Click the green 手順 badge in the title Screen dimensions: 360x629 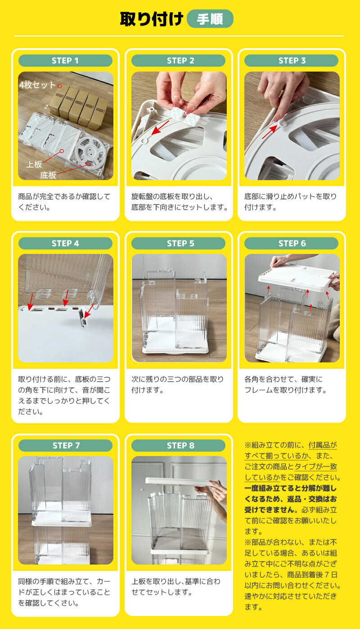(x=210, y=19)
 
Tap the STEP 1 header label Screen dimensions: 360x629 (x=65, y=61)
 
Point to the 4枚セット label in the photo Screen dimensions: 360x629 (x=37, y=85)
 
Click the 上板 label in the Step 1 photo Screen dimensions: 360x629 (x=34, y=164)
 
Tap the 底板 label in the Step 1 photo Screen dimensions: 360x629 (x=48, y=175)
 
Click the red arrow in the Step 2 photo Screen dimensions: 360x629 (x=160, y=127)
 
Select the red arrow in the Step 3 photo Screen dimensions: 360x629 (x=270, y=131)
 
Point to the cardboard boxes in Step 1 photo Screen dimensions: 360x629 (x=79, y=107)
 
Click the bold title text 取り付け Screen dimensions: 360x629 (x=152, y=19)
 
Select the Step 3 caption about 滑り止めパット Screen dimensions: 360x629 (x=290, y=202)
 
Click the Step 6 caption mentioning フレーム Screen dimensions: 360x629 (x=285, y=385)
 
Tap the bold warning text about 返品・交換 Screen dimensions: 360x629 (x=290, y=499)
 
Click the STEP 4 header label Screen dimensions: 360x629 (x=65, y=244)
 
